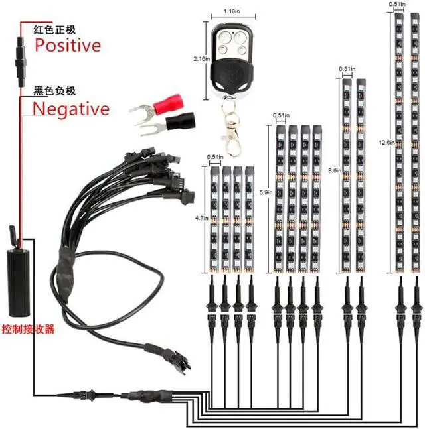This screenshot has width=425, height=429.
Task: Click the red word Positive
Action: (x=68, y=45)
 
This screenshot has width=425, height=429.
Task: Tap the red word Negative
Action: (x=70, y=108)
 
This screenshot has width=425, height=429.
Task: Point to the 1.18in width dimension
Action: (x=230, y=11)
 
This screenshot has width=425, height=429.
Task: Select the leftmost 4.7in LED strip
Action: (x=215, y=219)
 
